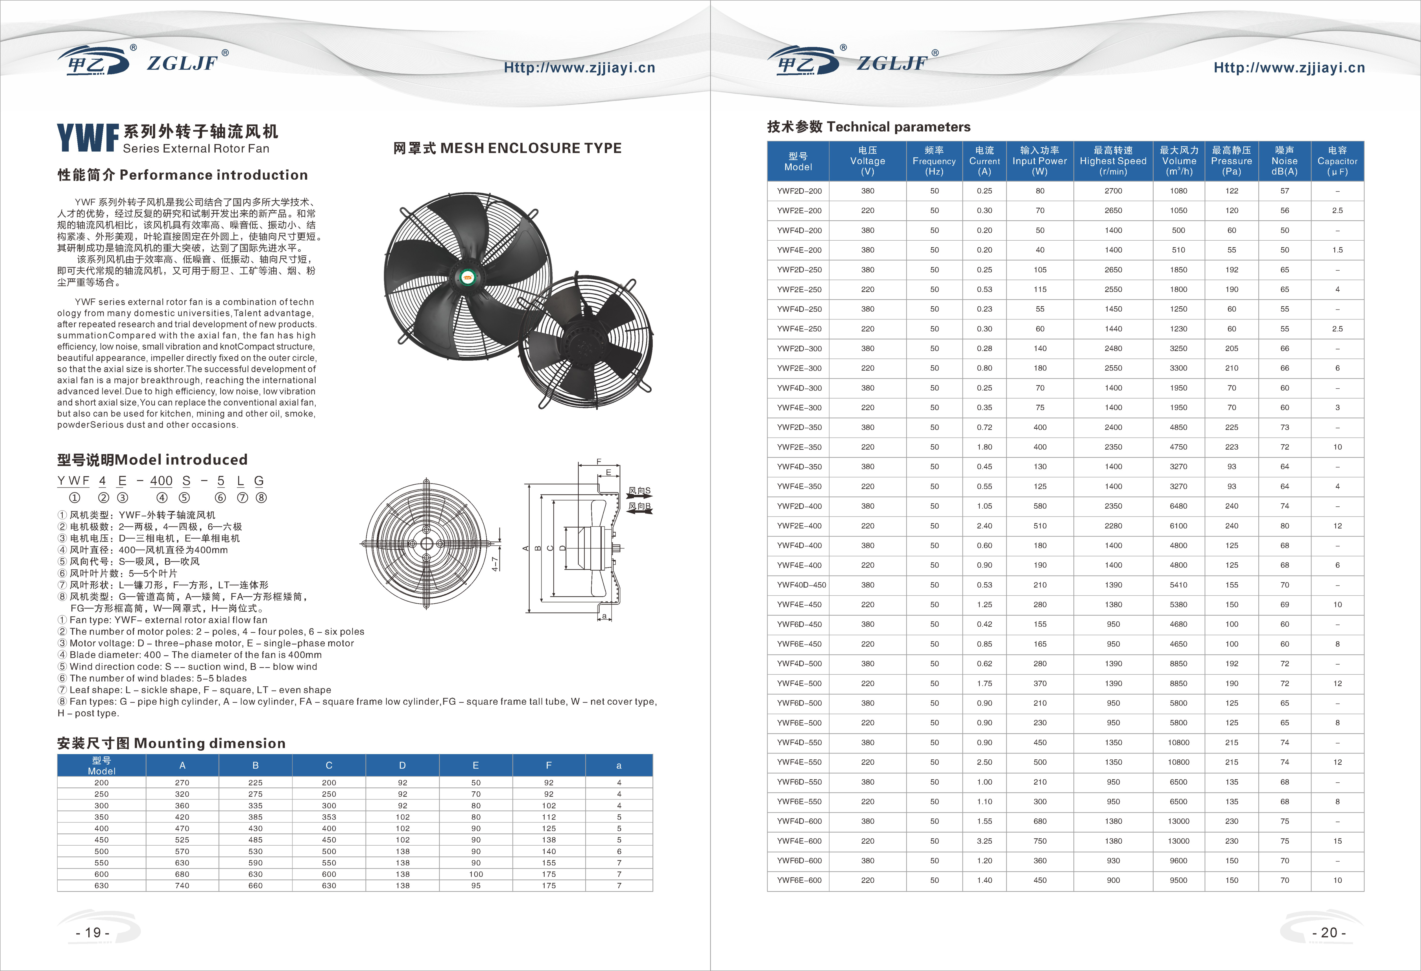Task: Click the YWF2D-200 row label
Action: coord(799,191)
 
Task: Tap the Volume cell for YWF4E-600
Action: coord(1178,841)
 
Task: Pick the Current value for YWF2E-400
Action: coord(985,526)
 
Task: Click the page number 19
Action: coord(93,933)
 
